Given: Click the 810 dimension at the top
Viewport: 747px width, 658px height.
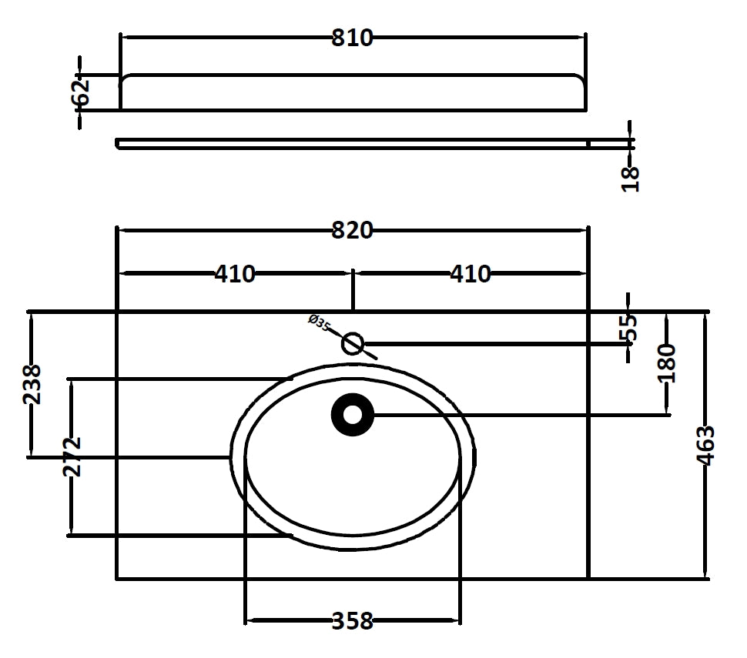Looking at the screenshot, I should click(x=352, y=38).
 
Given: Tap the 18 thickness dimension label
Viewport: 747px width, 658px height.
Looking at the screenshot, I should click(x=631, y=178).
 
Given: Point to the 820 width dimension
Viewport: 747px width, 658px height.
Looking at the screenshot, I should click(x=352, y=230).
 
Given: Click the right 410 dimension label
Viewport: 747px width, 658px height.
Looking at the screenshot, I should click(x=470, y=273).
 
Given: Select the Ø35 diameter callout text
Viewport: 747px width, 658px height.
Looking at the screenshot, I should click(x=319, y=322).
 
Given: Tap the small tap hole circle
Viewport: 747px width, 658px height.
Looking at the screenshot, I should click(x=353, y=343).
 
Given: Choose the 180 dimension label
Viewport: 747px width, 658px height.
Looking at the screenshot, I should click(x=667, y=363).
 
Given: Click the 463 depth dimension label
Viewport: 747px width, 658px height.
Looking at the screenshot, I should click(x=705, y=445).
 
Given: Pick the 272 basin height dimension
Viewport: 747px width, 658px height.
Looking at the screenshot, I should click(x=71, y=457).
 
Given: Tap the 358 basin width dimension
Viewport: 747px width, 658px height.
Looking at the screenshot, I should click(x=352, y=620).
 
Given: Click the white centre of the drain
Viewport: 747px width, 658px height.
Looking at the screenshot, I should click(x=352, y=416).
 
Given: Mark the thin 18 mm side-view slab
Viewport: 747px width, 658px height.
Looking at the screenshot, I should click(x=352, y=143).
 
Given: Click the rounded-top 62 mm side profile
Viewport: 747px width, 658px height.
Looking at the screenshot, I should click(x=352, y=92).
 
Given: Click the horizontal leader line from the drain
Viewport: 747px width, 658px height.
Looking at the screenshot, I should click(x=524, y=416).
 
